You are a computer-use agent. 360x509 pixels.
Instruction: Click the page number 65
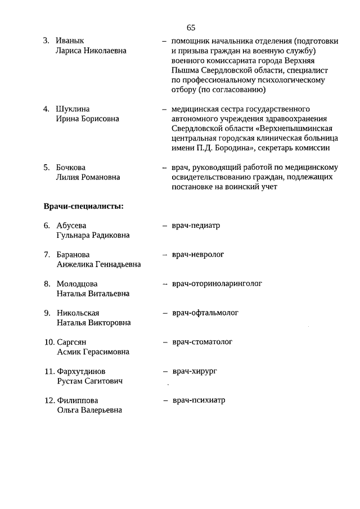(191, 27)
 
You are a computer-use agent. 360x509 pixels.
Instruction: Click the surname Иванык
(70, 41)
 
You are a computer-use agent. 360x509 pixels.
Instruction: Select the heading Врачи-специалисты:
(84, 206)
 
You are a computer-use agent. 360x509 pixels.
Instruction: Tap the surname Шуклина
(73, 109)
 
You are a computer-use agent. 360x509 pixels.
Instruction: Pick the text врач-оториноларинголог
(217, 283)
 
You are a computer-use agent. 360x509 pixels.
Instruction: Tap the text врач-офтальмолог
(206, 313)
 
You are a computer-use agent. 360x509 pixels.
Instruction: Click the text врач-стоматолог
(202, 342)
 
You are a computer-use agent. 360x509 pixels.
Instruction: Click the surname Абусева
(72, 226)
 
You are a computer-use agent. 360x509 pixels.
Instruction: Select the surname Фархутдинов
(81, 371)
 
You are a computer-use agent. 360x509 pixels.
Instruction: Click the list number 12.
(49, 400)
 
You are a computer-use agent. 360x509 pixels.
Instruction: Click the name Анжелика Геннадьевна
(98, 264)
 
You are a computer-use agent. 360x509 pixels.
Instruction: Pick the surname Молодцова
(77, 283)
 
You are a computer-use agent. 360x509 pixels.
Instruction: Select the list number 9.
(47, 313)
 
